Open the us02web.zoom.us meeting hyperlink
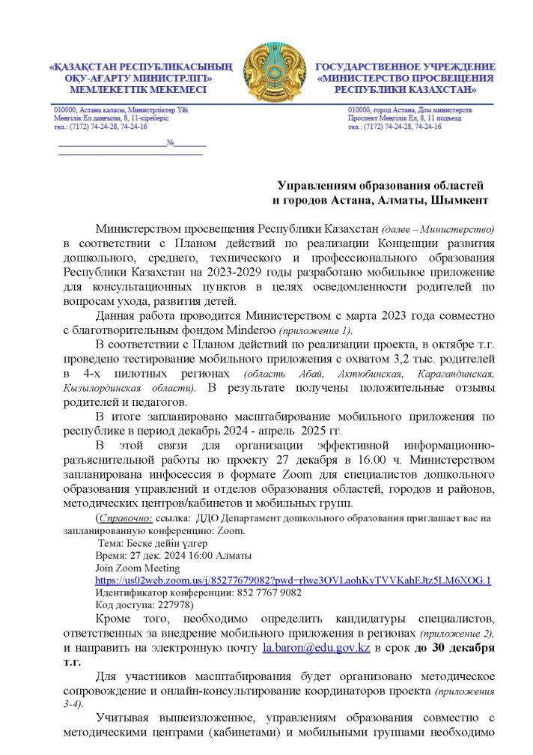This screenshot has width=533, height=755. [x=293, y=580]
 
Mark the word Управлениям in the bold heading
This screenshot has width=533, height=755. [x=318, y=185]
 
